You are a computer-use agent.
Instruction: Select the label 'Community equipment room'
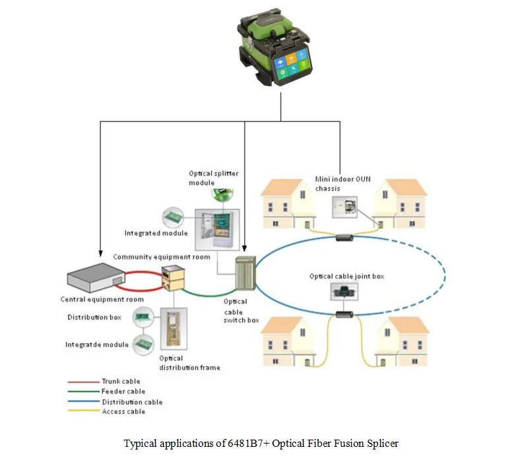162,257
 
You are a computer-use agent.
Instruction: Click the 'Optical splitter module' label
213,178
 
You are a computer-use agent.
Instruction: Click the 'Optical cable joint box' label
346,277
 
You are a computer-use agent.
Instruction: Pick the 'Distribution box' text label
94,318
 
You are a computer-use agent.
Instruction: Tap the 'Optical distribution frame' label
189,362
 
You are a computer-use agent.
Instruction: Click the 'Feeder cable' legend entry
123,391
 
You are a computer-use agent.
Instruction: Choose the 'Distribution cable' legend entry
131,401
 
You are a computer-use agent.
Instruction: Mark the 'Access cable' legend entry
123,411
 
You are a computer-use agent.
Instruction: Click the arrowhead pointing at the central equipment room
100,253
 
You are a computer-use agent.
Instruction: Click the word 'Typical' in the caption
139,444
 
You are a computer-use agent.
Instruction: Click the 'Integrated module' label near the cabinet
156,233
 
